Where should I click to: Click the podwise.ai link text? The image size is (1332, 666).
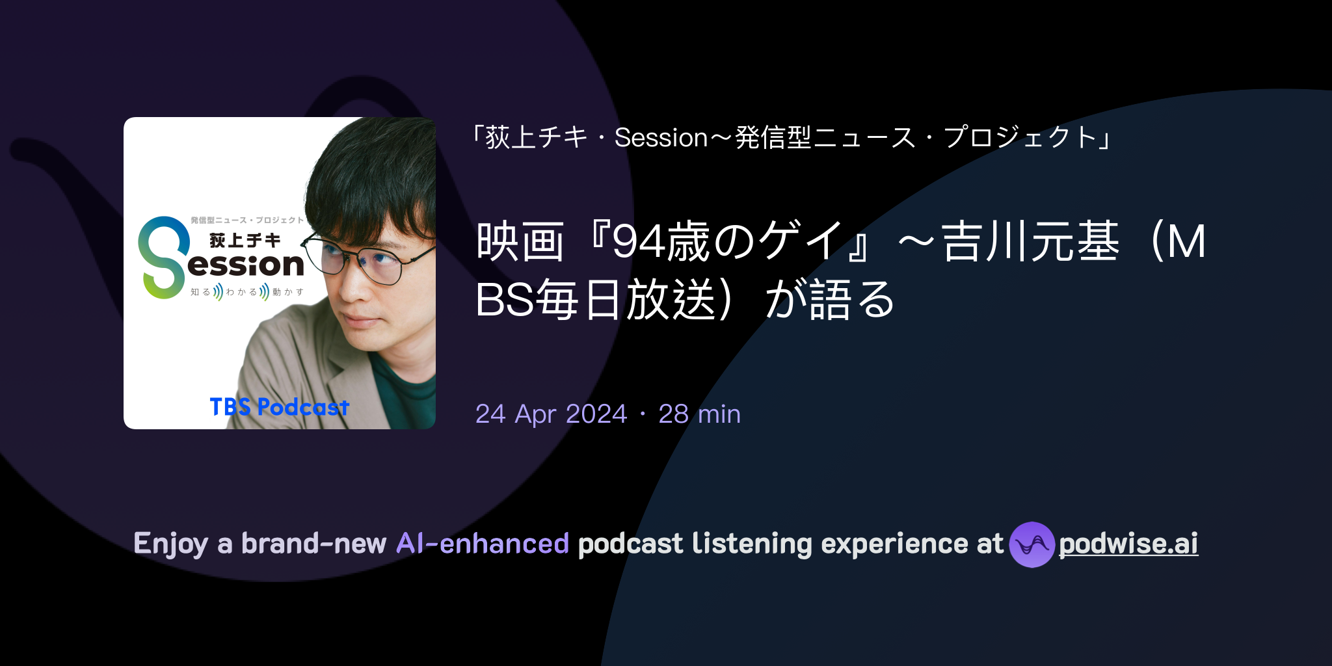[1128, 544]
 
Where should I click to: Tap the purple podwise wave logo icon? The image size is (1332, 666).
[1032, 544]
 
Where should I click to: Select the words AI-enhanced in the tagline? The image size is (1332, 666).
[483, 544]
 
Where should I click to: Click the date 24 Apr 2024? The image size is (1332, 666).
[551, 414]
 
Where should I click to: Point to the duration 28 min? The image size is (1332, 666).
[699, 414]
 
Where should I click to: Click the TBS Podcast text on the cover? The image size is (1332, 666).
[280, 407]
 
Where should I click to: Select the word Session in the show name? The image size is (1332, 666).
[661, 138]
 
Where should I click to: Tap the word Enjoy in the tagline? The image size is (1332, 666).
[170, 544]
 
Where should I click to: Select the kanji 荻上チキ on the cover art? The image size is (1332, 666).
[245, 241]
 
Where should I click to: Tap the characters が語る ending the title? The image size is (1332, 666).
[831, 299]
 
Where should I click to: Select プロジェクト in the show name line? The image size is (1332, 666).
[1020, 138]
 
